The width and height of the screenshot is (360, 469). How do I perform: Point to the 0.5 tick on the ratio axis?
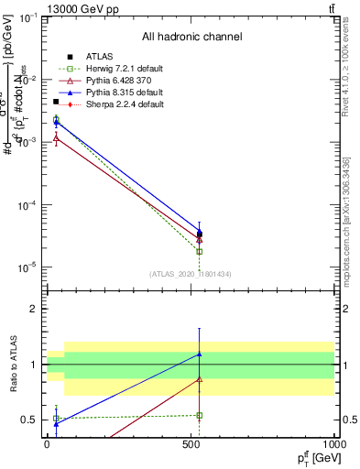(29, 420)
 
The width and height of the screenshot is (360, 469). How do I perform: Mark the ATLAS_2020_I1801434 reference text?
(191, 274)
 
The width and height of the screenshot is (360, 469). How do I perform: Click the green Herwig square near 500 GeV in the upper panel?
(200, 251)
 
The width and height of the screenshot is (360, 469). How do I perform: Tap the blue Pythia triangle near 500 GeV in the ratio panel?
(200, 354)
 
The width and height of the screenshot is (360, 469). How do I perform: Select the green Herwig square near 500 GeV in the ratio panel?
(200, 415)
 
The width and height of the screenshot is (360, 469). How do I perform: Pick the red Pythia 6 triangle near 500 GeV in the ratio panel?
(200, 379)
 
